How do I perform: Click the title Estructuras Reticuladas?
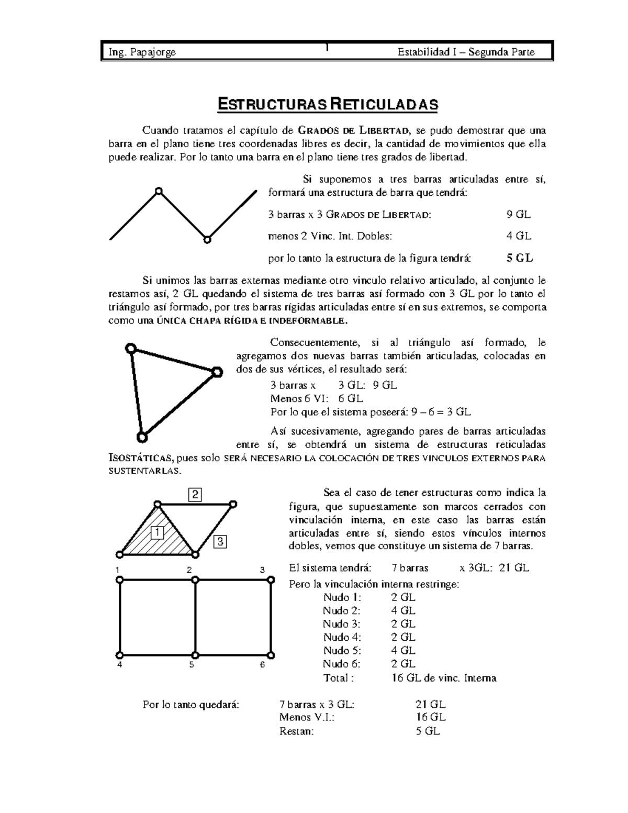point(327,104)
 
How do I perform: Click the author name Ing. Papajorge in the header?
point(142,52)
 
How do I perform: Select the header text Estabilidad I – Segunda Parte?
point(466,52)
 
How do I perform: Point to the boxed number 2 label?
point(195,494)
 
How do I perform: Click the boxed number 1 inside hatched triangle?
point(157,532)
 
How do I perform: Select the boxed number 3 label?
point(220,541)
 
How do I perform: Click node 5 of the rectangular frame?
point(195,655)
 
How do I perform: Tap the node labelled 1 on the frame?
point(120,580)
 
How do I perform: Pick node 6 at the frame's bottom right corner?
point(271,655)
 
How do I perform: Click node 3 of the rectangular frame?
point(271,580)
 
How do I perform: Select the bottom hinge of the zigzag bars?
point(207,240)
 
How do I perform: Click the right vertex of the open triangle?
point(217,372)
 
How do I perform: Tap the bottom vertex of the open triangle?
point(141,436)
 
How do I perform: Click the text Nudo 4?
point(342,637)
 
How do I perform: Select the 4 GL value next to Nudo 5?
point(403,651)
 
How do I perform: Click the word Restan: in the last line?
point(297,731)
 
